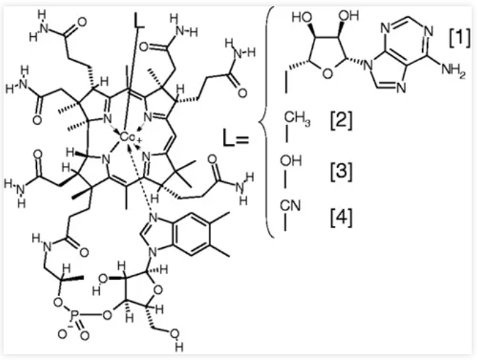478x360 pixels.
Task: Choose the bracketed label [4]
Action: (x=341, y=213)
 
